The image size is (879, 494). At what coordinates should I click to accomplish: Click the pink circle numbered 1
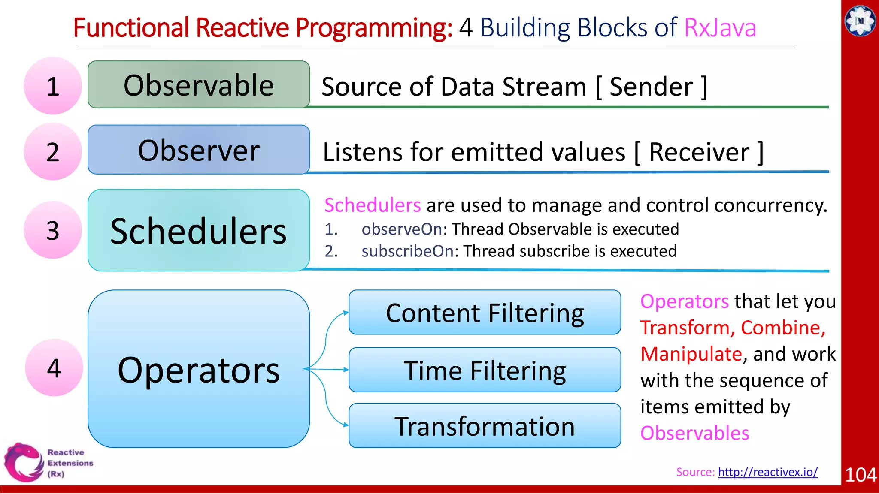(53, 86)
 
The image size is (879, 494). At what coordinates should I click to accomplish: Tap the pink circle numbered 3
(53, 230)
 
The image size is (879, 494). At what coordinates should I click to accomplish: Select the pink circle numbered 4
(54, 367)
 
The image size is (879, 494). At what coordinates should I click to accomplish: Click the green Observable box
(199, 84)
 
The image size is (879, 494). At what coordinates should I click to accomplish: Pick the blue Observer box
(199, 150)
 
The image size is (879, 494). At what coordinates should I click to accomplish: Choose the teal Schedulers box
(199, 230)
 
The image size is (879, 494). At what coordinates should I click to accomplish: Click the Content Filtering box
(485, 312)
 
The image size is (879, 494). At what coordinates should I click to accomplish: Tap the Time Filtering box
(485, 370)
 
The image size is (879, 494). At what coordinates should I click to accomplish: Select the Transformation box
(485, 426)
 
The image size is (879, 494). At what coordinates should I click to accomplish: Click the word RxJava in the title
(720, 28)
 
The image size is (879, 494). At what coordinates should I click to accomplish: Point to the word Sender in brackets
(651, 87)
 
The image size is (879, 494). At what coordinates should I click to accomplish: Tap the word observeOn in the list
(402, 229)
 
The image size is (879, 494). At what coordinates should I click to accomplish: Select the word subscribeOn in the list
(407, 251)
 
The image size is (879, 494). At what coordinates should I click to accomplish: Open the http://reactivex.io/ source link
(768, 472)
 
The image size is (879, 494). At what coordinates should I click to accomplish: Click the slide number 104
(860, 475)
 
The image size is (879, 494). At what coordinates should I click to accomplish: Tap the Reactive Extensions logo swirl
(24, 462)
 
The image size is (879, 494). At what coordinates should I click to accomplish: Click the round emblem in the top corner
(860, 21)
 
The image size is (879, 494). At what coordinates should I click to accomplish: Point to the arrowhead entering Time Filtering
(346, 369)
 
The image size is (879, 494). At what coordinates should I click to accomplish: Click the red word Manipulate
(691, 354)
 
